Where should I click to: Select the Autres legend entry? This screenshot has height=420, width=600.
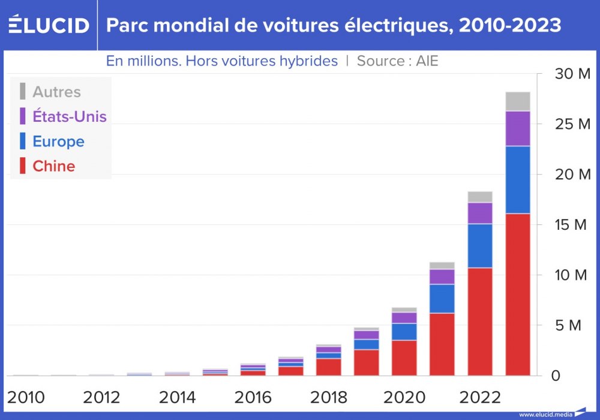(56, 92)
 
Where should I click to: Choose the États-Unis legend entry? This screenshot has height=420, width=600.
(69, 116)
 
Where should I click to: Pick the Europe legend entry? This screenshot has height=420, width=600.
(58, 142)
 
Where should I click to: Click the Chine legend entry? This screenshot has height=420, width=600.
(53, 166)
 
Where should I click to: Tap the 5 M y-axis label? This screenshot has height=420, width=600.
(569, 326)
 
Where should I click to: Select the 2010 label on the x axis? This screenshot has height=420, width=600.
(26, 397)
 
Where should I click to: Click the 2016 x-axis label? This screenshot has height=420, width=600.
(253, 397)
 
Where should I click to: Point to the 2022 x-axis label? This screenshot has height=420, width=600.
(479, 397)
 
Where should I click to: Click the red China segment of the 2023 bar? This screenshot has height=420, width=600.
(518, 294)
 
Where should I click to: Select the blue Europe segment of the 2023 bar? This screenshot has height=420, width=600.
(518, 179)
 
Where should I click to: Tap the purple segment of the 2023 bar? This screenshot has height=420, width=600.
(518, 128)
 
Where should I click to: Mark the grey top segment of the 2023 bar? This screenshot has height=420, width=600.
(518, 101)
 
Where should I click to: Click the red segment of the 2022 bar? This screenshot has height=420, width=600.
(480, 321)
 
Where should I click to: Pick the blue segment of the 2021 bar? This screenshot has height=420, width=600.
(442, 298)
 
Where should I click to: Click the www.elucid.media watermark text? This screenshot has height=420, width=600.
(545, 414)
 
